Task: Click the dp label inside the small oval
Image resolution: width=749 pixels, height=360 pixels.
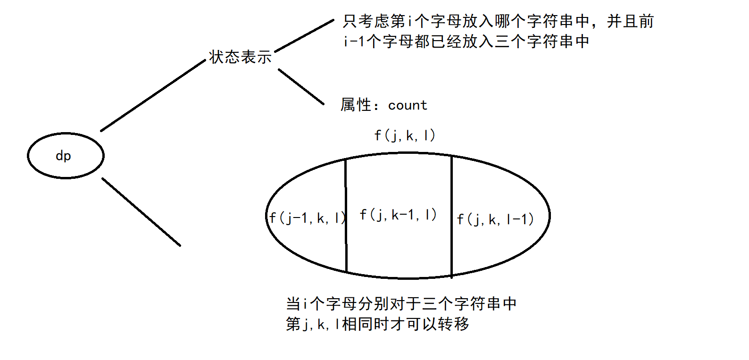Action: [x=63, y=156]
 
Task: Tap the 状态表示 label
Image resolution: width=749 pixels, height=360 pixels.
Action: [x=240, y=57]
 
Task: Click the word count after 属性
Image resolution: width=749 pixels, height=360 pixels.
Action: [x=408, y=105]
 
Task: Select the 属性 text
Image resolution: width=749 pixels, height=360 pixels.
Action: [x=356, y=105]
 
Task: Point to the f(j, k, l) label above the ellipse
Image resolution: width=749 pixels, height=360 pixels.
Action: [x=404, y=135]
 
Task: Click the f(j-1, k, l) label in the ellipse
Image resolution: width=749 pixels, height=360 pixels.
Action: [x=307, y=218]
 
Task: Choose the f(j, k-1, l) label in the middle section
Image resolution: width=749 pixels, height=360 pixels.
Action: [x=398, y=215]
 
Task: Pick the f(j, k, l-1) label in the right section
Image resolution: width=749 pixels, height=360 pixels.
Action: [x=495, y=219]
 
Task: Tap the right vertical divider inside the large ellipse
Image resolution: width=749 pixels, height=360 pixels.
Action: [x=451, y=216]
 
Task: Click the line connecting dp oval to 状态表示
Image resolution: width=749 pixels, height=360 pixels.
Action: [x=153, y=96]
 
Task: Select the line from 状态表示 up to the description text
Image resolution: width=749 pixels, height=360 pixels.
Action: [x=304, y=36]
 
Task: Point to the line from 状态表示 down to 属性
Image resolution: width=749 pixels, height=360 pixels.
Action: [x=301, y=86]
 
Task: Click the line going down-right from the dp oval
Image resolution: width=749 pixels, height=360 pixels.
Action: [x=141, y=212]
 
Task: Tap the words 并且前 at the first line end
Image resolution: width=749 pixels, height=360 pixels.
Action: [x=630, y=21]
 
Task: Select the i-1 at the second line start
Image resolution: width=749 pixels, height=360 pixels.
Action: [x=354, y=42]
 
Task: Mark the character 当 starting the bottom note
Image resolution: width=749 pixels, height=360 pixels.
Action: [x=293, y=303]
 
